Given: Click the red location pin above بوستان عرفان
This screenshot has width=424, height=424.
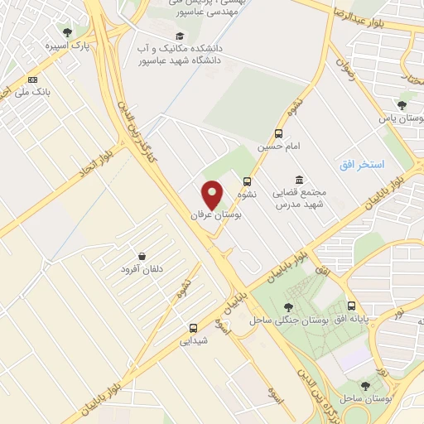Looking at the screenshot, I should pyautogui.click(x=213, y=194).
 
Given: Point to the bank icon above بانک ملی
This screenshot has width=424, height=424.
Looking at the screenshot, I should pyautogui.click(x=33, y=79).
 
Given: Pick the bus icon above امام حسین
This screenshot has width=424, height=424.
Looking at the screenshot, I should pyautogui.click(x=278, y=133).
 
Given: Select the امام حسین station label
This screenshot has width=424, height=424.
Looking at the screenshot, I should pyautogui.click(x=274, y=147).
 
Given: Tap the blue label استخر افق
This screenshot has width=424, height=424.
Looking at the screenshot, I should pyautogui.click(x=362, y=165).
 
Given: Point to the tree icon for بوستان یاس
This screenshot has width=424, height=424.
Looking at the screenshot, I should pyautogui.click(x=401, y=105).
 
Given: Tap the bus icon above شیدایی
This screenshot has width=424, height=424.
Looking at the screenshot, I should pyautogui.click(x=193, y=327).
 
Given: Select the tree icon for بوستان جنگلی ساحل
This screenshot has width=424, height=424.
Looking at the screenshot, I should pyautogui.click(x=287, y=307).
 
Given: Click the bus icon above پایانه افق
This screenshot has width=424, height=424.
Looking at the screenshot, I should pyautogui.click(x=351, y=306).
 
